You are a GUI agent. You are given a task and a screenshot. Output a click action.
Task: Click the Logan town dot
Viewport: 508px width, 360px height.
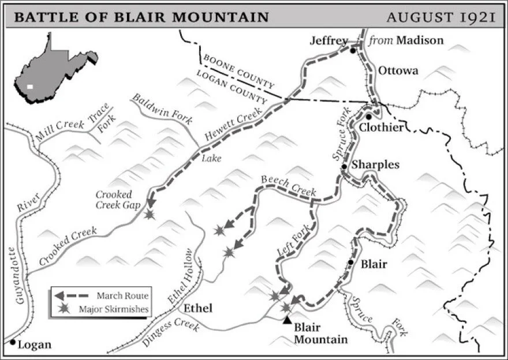point(12,342)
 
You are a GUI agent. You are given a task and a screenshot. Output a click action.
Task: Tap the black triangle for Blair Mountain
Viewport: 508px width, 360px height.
point(287,320)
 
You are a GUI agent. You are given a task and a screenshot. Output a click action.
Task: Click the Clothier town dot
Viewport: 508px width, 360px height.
point(369,116)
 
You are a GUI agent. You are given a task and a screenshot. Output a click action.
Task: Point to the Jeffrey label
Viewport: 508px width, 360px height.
point(329,40)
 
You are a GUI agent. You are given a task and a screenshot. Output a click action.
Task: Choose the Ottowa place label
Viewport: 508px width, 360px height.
point(398,71)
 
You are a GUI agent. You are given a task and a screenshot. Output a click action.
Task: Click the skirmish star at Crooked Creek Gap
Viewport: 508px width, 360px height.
point(150,215)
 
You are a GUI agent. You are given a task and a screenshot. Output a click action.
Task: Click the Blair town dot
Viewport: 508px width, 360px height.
point(350,262)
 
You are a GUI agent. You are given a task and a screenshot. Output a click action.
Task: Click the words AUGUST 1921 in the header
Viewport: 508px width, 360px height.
point(441,17)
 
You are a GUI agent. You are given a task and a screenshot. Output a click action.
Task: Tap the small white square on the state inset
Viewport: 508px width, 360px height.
point(29,87)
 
